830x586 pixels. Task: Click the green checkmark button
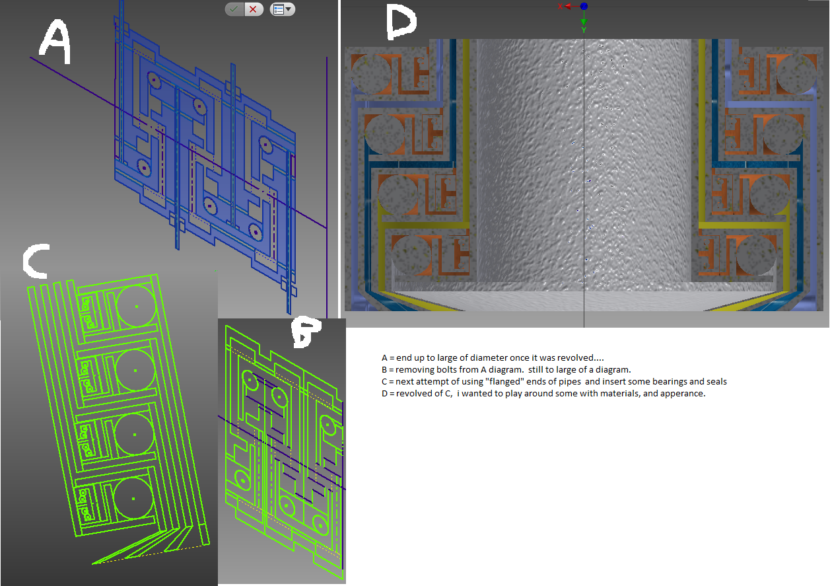234,9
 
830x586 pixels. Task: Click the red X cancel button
254,9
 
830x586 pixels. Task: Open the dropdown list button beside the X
283,9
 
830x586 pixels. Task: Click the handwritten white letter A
55,42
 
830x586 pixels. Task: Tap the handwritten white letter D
400,22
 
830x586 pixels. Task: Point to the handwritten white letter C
36,261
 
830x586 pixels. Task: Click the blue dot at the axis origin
584,6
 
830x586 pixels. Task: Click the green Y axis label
584,30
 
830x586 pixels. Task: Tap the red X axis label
560,6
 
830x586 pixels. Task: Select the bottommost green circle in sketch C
133,498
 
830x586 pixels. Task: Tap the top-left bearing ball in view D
370,73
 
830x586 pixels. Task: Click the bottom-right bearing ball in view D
755,255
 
